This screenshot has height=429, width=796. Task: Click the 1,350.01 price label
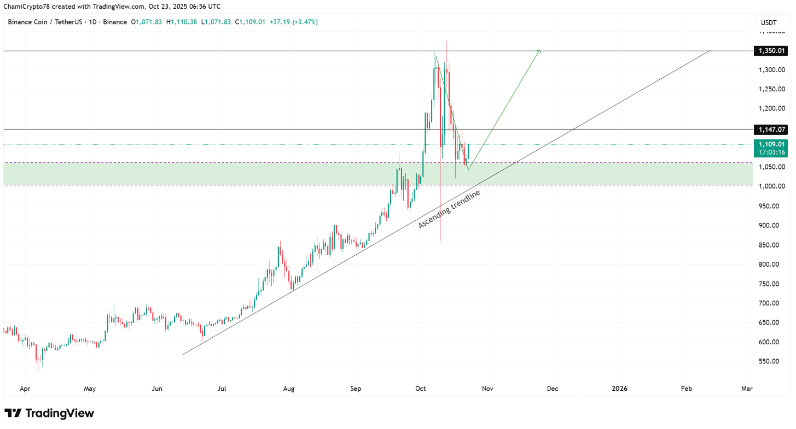click(771, 51)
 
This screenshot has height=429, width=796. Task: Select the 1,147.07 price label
click(771, 130)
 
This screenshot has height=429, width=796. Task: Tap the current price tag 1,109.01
click(771, 144)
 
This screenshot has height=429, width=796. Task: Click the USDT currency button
click(769, 22)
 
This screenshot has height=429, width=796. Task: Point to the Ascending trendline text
click(449, 209)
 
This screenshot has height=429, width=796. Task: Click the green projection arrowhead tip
click(540, 50)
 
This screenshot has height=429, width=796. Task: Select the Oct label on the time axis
click(421, 389)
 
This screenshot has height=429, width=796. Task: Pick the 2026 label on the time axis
click(619, 389)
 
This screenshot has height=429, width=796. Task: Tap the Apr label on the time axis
click(25, 389)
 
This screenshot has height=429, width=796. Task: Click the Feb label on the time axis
click(686, 389)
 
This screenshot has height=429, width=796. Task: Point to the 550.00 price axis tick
click(770, 361)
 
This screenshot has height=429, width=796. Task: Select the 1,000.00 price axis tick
click(770, 186)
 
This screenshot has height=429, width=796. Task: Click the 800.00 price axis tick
click(770, 265)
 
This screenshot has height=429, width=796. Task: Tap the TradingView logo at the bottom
click(49, 413)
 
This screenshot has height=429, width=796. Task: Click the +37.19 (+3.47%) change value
click(294, 22)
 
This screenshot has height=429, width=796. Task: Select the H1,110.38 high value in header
click(183, 22)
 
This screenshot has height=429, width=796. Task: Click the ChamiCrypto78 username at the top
click(26, 7)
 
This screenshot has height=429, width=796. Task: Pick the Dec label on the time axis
click(553, 389)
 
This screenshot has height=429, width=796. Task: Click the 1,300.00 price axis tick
click(770, 70)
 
